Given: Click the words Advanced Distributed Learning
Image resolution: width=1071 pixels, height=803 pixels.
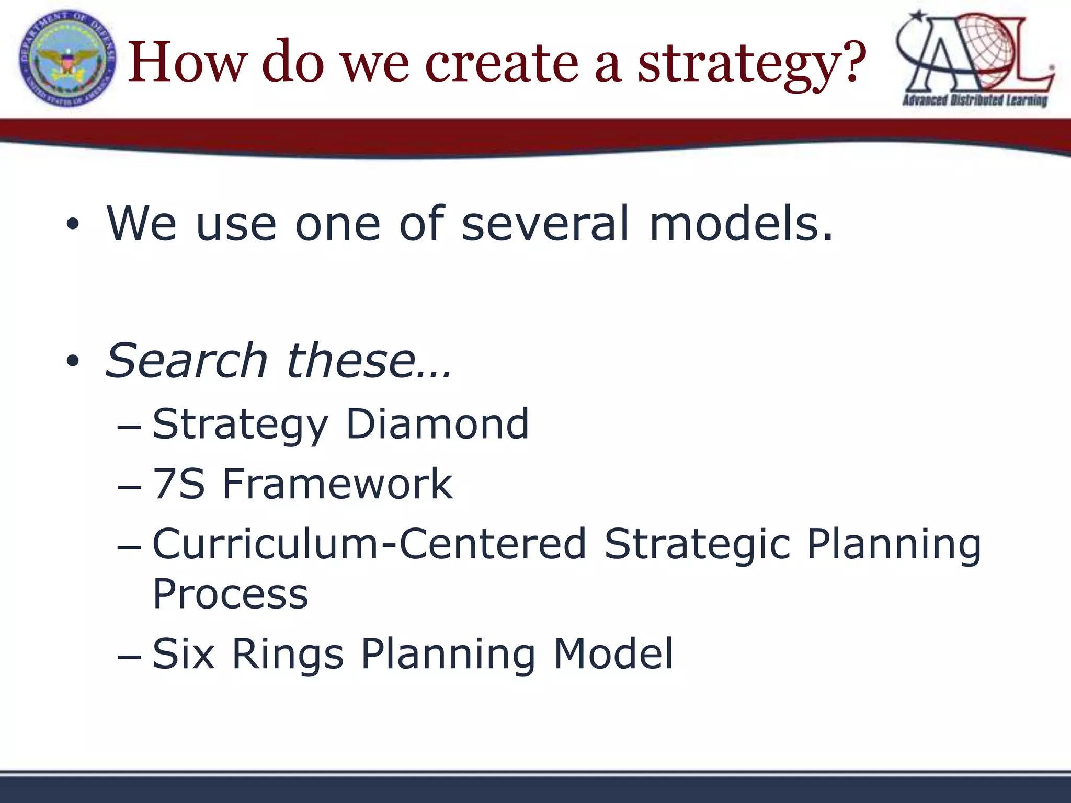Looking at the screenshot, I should [975, 100].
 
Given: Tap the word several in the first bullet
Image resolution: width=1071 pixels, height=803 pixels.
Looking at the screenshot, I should [545, 223].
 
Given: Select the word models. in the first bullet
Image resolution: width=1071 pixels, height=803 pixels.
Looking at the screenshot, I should [741, 223].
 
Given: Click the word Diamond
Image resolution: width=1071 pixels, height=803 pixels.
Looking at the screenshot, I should [437, 424].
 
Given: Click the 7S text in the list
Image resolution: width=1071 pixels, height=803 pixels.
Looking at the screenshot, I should [178, 484].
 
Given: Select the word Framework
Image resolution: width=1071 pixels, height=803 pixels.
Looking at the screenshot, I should [337, 484].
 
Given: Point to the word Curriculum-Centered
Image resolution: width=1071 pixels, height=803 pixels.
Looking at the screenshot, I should [369, 544].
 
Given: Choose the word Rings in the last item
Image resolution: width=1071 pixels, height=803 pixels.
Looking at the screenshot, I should [288, 654].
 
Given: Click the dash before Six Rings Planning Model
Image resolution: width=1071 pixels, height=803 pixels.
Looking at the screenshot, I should [129, 656].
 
